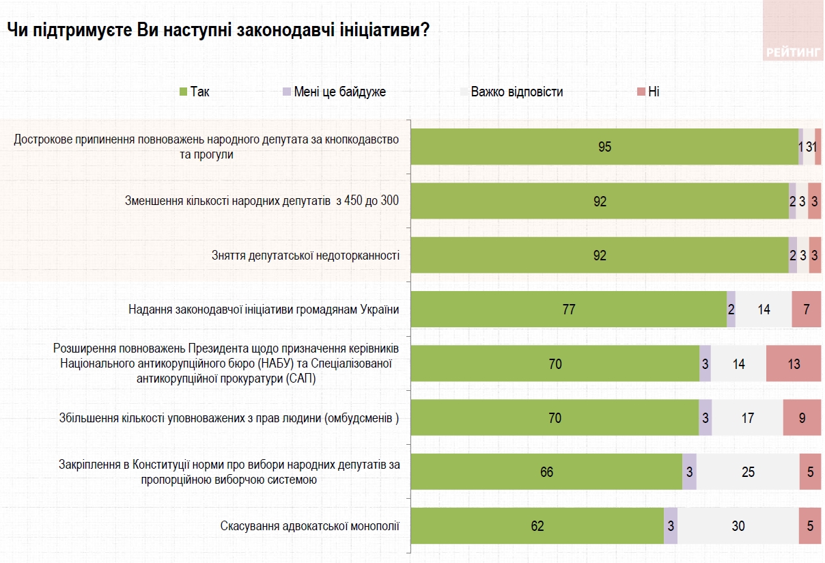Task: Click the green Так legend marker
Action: point(183,92)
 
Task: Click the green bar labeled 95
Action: point(604,147)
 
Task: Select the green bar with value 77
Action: point(568,310)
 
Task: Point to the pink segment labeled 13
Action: point(793,363)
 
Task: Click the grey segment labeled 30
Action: point(738,526)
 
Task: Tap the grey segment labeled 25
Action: point(748,472)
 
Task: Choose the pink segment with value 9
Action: point(802,417)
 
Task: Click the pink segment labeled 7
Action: point(806,310)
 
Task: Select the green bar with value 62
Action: point(537,526)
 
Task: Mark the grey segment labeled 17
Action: point(747,417)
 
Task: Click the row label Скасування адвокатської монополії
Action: point(309,526)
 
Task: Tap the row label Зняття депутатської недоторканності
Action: point(305,256)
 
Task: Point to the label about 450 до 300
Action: point(262,201)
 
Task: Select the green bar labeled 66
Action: point(546,472)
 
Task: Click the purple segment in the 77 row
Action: point(731,310)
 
